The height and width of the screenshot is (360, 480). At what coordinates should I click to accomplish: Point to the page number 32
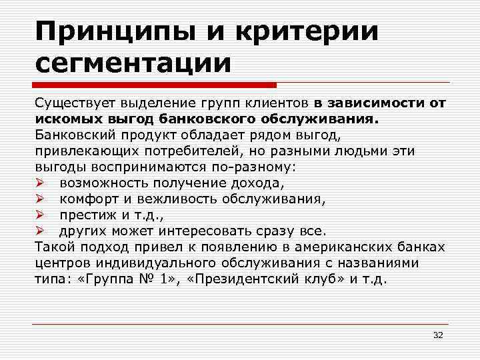point(438,334)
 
